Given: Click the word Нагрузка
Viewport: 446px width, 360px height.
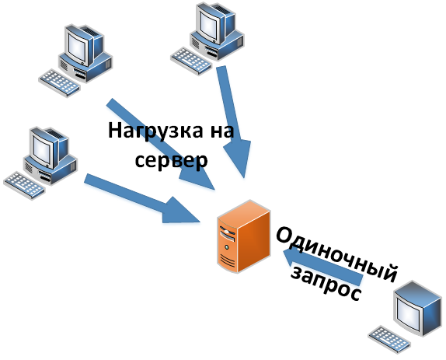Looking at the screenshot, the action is [155, 131].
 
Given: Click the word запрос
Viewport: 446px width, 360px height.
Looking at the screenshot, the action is [326, 284].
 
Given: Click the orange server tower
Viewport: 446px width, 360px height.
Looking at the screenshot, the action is [243, 236].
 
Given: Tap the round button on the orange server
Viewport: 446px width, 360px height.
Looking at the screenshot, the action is [226, 247].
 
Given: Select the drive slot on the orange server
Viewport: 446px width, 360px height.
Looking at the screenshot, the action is [227, 233].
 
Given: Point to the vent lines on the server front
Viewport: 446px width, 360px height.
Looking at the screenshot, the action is [228, 261].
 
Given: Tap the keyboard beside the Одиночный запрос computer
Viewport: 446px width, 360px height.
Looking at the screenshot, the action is [389, 340].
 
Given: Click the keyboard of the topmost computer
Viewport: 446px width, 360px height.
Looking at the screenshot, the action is [191, 61].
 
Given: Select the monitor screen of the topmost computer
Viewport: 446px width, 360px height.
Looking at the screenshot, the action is [208, 24].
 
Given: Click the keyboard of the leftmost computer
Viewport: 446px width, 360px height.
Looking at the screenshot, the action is [24, 185].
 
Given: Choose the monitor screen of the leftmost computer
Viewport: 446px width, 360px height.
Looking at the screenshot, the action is [42, 149].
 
